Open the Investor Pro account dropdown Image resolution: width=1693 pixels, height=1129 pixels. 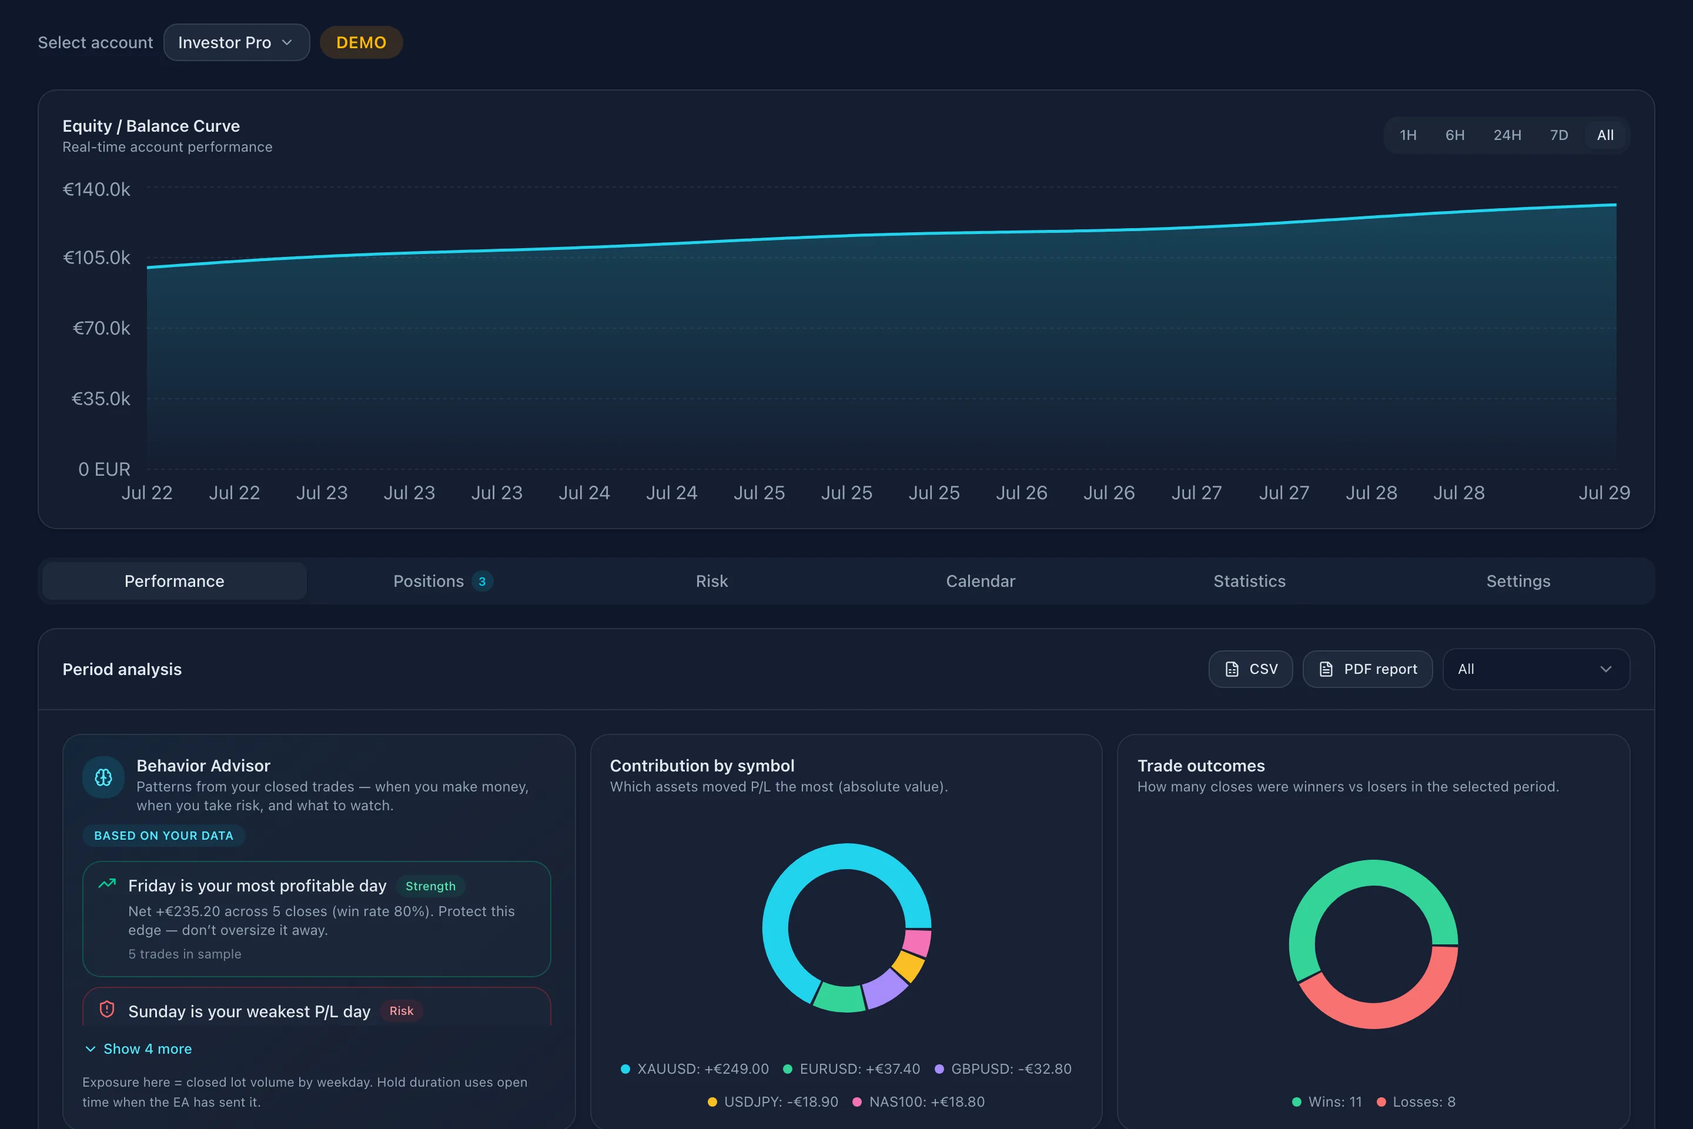(x=236, y=42)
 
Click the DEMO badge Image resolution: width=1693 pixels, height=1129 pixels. (x=362, y=42)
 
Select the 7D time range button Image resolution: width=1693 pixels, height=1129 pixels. (x=1559, y=135)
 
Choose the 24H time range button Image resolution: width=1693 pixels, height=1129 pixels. (x=1507, y=135)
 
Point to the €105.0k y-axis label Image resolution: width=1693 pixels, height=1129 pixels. (x=97, y=258)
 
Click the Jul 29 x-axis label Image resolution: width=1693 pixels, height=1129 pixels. (x=1604, y=493)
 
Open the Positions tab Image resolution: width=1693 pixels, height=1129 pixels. (x=443, y=581)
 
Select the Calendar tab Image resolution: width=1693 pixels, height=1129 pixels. (x=981, y=581)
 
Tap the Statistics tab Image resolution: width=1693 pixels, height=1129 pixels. (x=1250, y=581)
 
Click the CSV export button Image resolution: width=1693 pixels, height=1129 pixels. (x=1251, y=669)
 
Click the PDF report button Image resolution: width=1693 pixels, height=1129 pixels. (x=1368, y=669)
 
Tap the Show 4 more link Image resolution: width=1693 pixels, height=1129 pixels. (x=138, y=1049)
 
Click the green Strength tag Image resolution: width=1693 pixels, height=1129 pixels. (x=430, y=886)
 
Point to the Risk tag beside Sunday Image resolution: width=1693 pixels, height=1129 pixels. (x=401, y=1011)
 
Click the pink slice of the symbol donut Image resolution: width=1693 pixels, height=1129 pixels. (x=917, y=942)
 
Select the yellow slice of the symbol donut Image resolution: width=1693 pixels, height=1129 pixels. (x=908, y=966)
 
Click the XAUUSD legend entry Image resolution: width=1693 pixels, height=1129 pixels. (x=695, y=1068)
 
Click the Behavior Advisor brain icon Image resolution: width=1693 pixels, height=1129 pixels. (x=103, y=777)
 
